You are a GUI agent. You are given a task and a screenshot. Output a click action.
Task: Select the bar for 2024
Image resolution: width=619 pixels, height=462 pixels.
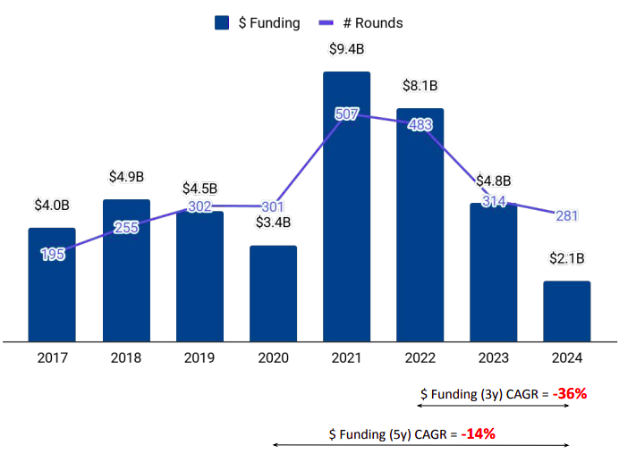567,310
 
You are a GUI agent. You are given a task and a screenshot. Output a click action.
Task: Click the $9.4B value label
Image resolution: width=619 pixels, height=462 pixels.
346,50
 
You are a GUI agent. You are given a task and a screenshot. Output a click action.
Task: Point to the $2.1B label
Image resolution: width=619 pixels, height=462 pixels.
567,259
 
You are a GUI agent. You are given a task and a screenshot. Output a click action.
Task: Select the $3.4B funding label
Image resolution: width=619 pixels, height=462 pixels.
273,223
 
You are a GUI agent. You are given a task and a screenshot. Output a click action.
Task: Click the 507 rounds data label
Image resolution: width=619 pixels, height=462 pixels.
347,113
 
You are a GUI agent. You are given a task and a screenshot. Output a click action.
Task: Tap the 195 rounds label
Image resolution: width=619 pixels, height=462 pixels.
53,255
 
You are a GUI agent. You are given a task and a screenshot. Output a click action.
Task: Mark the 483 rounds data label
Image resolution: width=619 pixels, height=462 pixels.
420,126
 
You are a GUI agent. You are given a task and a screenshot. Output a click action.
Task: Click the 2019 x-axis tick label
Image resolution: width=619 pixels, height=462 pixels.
199,358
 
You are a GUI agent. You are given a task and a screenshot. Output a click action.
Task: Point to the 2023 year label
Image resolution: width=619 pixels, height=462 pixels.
494,358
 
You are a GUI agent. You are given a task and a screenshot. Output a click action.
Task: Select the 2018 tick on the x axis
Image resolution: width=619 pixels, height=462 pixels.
125,358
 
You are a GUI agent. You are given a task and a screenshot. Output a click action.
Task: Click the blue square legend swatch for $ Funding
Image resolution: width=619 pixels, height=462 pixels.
224,23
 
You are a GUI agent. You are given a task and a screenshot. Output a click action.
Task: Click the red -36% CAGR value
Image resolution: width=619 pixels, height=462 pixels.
569,393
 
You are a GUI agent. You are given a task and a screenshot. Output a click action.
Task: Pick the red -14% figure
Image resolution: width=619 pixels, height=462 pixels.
478,433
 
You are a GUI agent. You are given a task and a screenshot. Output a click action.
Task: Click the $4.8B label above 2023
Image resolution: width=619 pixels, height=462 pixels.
494,181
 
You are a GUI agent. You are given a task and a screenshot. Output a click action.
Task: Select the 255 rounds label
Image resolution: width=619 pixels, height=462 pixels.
126,227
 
